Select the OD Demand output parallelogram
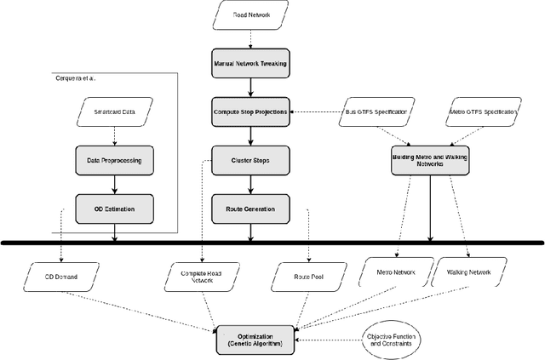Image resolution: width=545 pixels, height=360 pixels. [x=60, y=276]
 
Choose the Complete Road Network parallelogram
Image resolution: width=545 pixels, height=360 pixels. [x=201, y=276]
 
